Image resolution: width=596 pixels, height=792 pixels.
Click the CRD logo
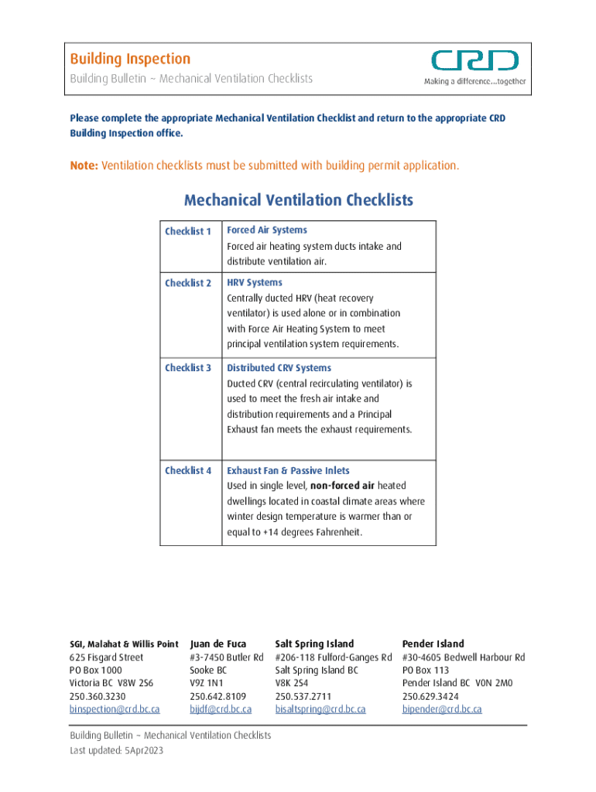[x=474, y=61]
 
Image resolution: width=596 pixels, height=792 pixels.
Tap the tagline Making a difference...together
[x=474, y=81]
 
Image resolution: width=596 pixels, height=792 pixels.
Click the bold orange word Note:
[x=84, y=166]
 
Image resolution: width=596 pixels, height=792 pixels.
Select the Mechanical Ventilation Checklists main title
[x=298, y=200]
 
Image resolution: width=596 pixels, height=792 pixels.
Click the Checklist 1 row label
[x=188, y=231]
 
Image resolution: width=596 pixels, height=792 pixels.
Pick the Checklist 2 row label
[x=188, y=283]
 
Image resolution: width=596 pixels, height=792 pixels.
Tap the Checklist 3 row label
[x=188, y=368]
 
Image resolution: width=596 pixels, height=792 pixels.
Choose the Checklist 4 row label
[x=188, y=470]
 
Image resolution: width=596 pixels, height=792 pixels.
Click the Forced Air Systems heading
[x=266, y=230]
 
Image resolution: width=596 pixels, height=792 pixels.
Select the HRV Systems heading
[x=254, y=282]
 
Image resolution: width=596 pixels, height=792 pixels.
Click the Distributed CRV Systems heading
[x=279, y=368]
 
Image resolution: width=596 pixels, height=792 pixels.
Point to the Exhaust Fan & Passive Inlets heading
[x=288, y=470]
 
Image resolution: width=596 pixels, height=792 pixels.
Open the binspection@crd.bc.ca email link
[x=115, y=708]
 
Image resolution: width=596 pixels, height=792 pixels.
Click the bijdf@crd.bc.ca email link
[x=221, y=708]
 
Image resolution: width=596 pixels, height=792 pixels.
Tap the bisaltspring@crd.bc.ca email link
[x=320, y=708]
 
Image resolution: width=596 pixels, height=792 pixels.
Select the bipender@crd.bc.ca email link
[x=442, y=708]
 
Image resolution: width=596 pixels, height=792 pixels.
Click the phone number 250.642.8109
[x=218, y=696]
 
